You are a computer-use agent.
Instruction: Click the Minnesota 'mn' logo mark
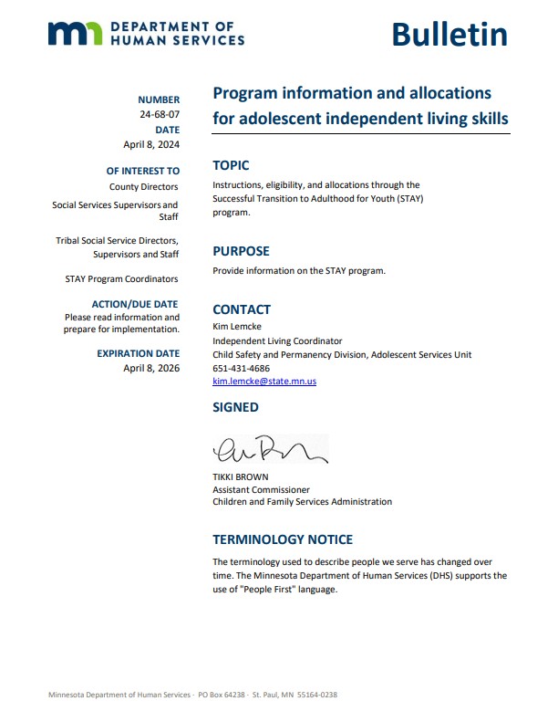click(x=76, y=34)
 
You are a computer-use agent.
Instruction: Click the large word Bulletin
click(x=449, y=34)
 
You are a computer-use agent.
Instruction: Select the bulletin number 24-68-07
click(x=160, y=115)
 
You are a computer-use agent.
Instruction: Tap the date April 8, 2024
click(x=151, y=144)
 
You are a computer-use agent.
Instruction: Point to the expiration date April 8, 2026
click(x=151, y=368)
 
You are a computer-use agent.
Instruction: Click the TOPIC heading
click(x=231, y=165)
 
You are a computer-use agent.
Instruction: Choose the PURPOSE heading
click(x=241, y=251)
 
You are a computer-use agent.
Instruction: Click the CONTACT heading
click(x=242, y=309)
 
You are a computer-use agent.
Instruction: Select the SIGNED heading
click(x=235, y=407)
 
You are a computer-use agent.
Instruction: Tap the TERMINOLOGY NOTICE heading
click(x=283, y=539)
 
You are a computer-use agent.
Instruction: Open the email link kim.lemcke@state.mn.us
click(x=264, y=382)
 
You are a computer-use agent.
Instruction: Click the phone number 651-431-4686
click(x=241, y=368)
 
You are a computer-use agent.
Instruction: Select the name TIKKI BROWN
click(x=242, y=477)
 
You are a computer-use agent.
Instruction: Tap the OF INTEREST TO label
click(x=143, y=171)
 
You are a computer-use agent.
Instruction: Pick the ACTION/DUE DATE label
click(x=136, y=304)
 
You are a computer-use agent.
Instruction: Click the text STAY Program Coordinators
click(x=122, y=278)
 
